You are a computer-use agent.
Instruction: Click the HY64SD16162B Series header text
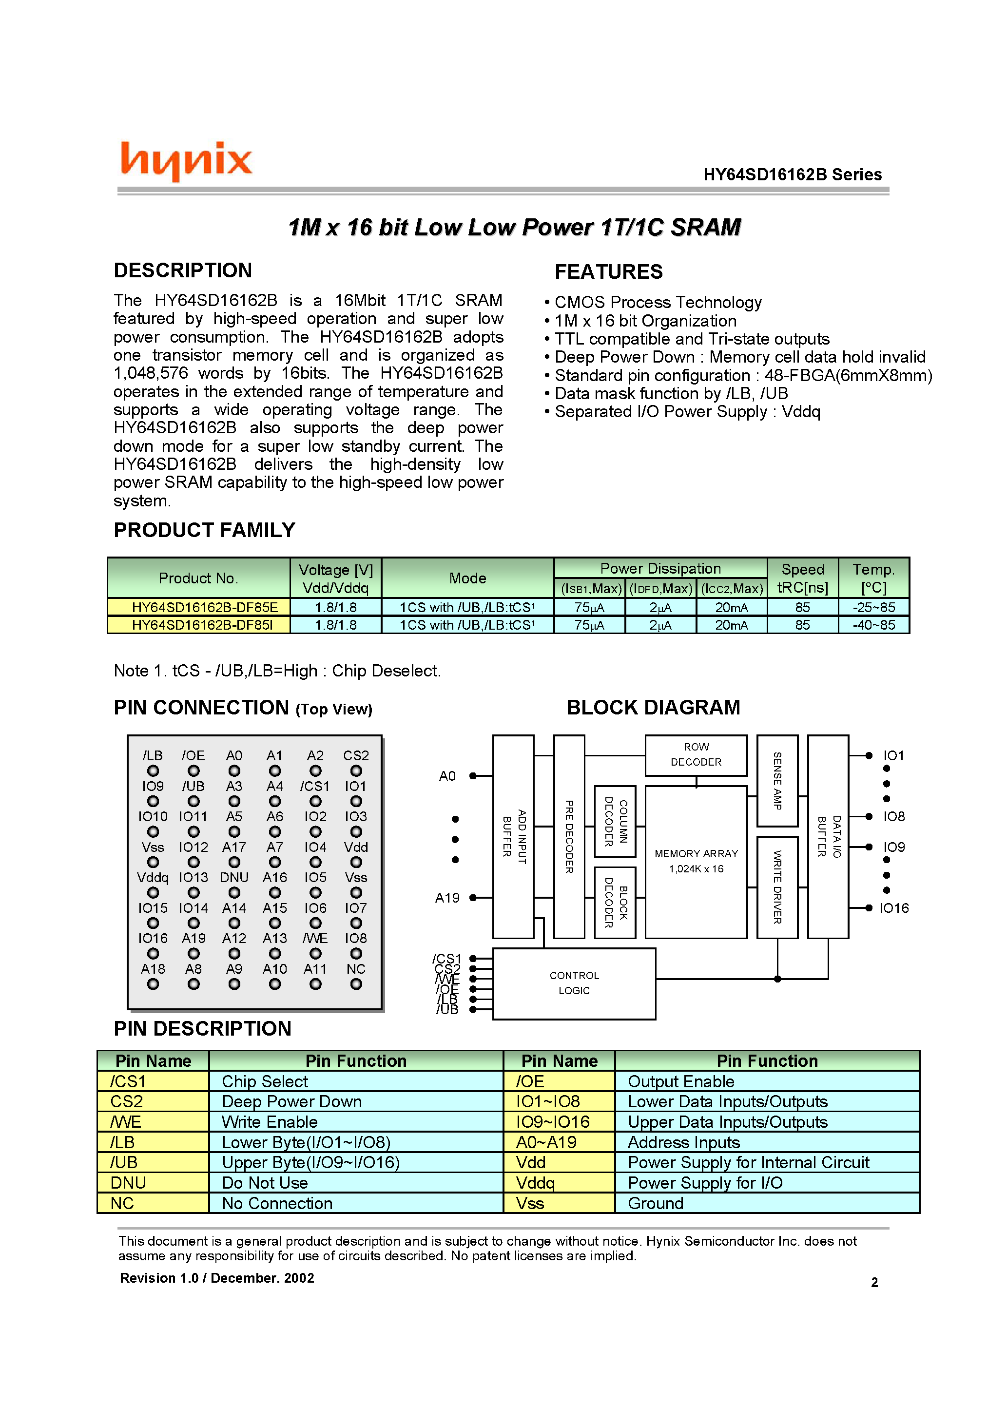coord(792,174)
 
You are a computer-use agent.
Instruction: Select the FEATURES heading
coord(608,272)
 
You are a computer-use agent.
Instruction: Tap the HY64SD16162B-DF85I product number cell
coord(202,625)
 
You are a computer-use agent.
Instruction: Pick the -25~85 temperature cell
coord(873,607)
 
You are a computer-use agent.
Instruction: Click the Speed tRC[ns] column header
coord(802,578)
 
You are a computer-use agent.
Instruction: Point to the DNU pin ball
coord(234,892)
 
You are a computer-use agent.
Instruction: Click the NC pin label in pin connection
coord(356,969)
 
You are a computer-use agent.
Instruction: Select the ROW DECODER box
coord(696,755)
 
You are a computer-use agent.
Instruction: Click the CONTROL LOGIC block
coord(574,983)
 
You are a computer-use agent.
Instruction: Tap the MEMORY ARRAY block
coord(696,862)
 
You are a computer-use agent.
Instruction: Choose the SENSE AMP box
coord(777,780)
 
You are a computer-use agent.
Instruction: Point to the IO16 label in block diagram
coord(893,908)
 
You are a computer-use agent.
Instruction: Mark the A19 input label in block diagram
coord(447,898)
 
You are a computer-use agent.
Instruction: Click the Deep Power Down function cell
coord(292,1101)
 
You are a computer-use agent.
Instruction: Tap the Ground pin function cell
coord(656,1203)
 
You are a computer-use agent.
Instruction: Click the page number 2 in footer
coord(874,1282)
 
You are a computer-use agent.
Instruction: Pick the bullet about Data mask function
coord(671,393)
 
